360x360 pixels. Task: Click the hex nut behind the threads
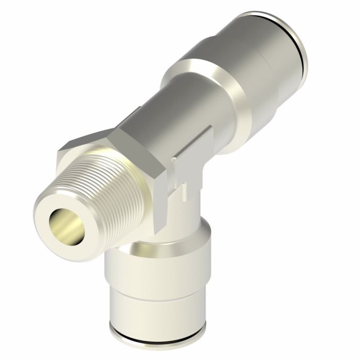click(x=154, y=170)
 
